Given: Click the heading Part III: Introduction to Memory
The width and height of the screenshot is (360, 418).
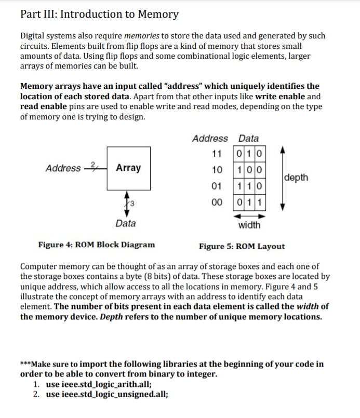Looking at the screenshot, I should [99, 14].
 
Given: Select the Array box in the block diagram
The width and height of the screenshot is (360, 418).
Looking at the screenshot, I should [129, 168].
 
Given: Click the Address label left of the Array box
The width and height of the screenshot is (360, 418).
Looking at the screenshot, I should [63, 168].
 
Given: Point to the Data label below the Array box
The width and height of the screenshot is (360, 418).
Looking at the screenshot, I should [126, 223].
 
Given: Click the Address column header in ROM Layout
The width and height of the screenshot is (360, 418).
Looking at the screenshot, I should [210, 138].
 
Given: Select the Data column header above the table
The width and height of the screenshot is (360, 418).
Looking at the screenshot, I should [248, 138].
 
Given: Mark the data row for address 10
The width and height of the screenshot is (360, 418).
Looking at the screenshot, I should [249, 170].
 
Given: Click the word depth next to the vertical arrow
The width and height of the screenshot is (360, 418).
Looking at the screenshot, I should [297, 178].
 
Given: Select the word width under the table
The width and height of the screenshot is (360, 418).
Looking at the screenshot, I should [249, 225].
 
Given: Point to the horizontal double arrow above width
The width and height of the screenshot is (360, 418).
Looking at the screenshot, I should [249, 215].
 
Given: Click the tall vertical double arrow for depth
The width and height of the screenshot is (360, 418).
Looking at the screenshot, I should [282, 178].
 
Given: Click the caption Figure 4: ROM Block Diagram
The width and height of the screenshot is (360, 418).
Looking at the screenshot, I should [97, 245].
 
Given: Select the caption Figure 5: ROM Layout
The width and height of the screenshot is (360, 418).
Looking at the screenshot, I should [242, 246].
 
